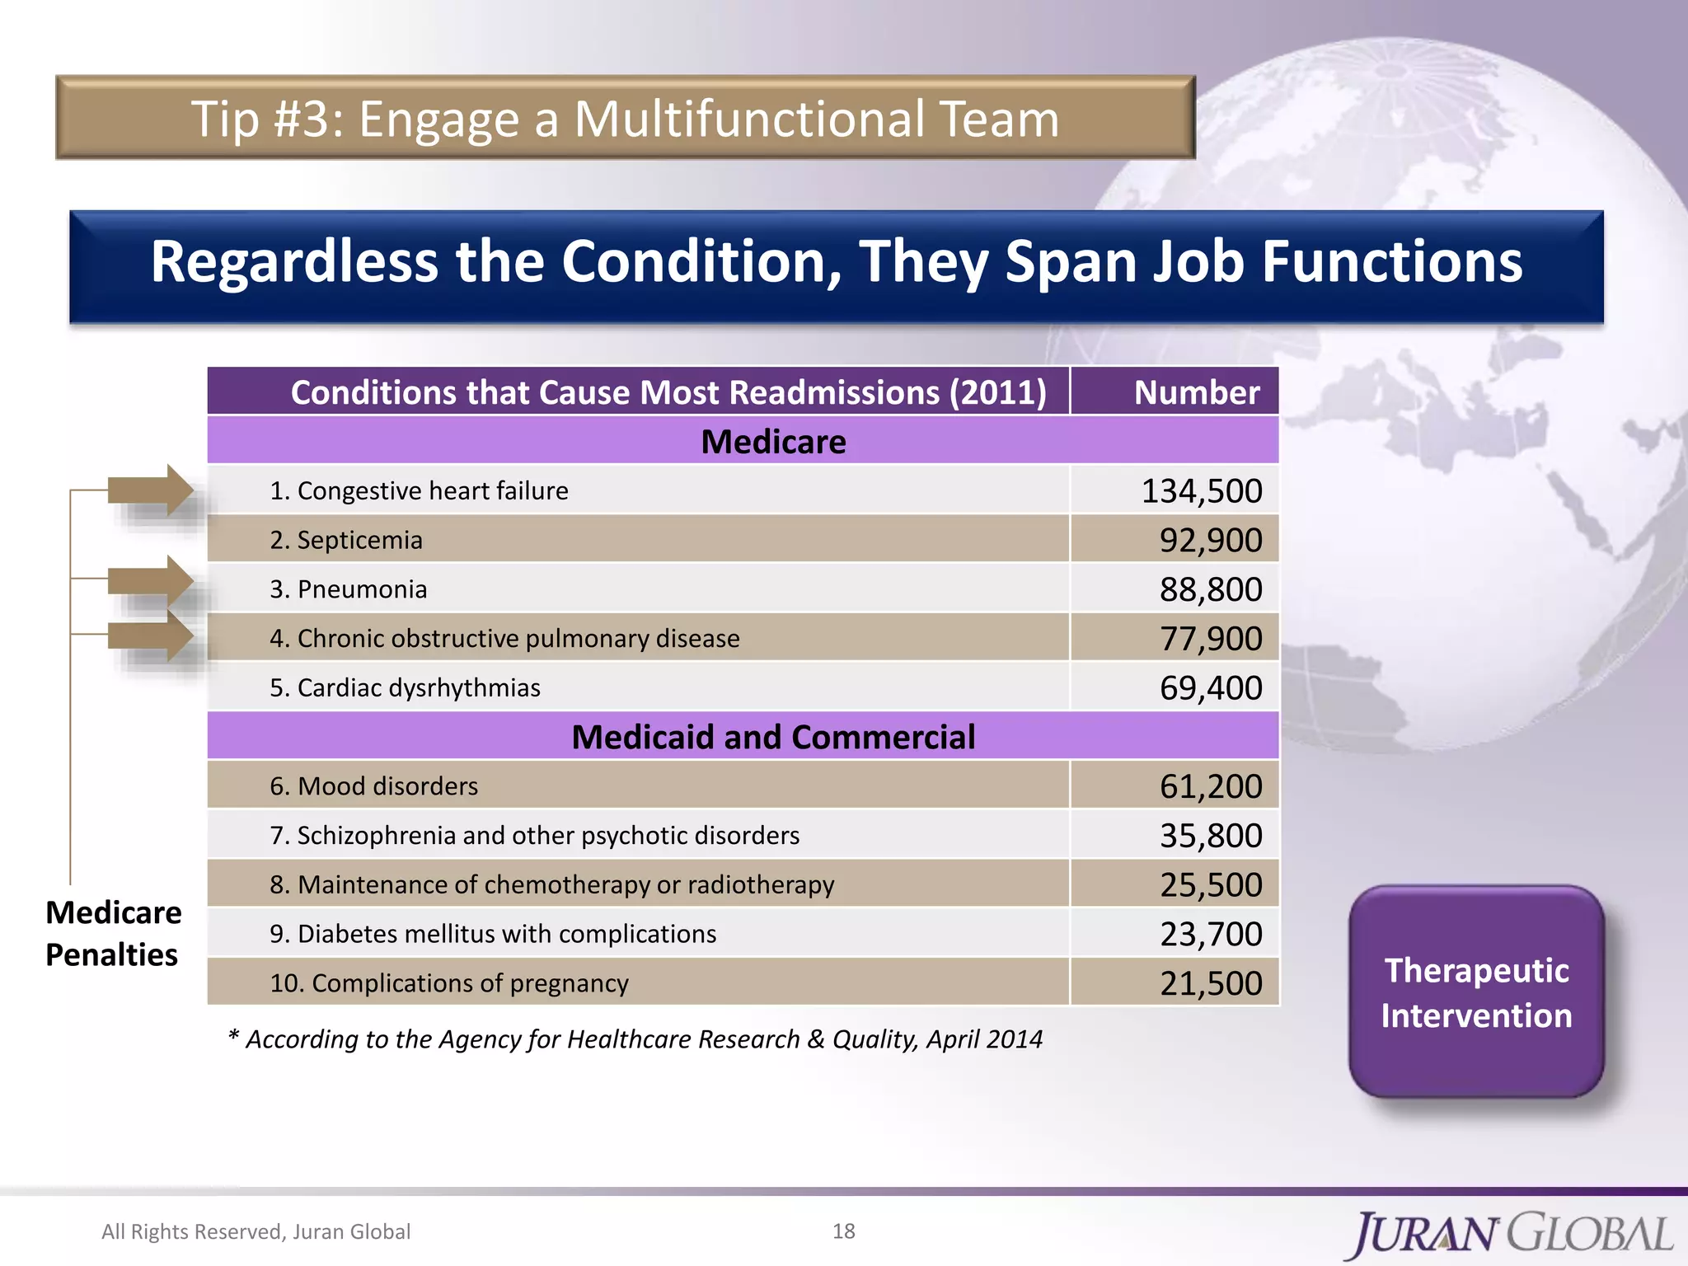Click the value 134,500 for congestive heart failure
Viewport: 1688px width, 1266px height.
pos(1201,491)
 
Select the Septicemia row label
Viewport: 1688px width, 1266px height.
pos(346,540)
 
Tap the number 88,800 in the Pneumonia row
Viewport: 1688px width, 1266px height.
pos(1210,589)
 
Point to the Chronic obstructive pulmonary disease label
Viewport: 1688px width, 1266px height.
pos(504,639)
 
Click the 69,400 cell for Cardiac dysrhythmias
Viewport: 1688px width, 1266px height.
pos(1210,688)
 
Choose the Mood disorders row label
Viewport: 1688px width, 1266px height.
pos(373,786)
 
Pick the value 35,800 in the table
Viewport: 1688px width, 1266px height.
pos(1210,836)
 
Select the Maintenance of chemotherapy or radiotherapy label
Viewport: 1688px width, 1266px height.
pos(551,884)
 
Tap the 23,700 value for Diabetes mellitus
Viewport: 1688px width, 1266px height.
pos(1210,934)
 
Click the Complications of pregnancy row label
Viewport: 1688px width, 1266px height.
pos(449,983)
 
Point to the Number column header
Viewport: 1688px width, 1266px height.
pos(1196,392)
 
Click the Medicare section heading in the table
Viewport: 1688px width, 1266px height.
pos(773,442)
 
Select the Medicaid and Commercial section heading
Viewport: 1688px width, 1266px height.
pos(773,737)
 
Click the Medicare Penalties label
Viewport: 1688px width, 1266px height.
pos(113,933)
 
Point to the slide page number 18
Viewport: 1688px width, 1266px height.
pos(843,1231)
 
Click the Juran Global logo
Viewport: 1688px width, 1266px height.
pos(1512,1234)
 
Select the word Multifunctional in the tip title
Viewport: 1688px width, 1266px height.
pos(749,119)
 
